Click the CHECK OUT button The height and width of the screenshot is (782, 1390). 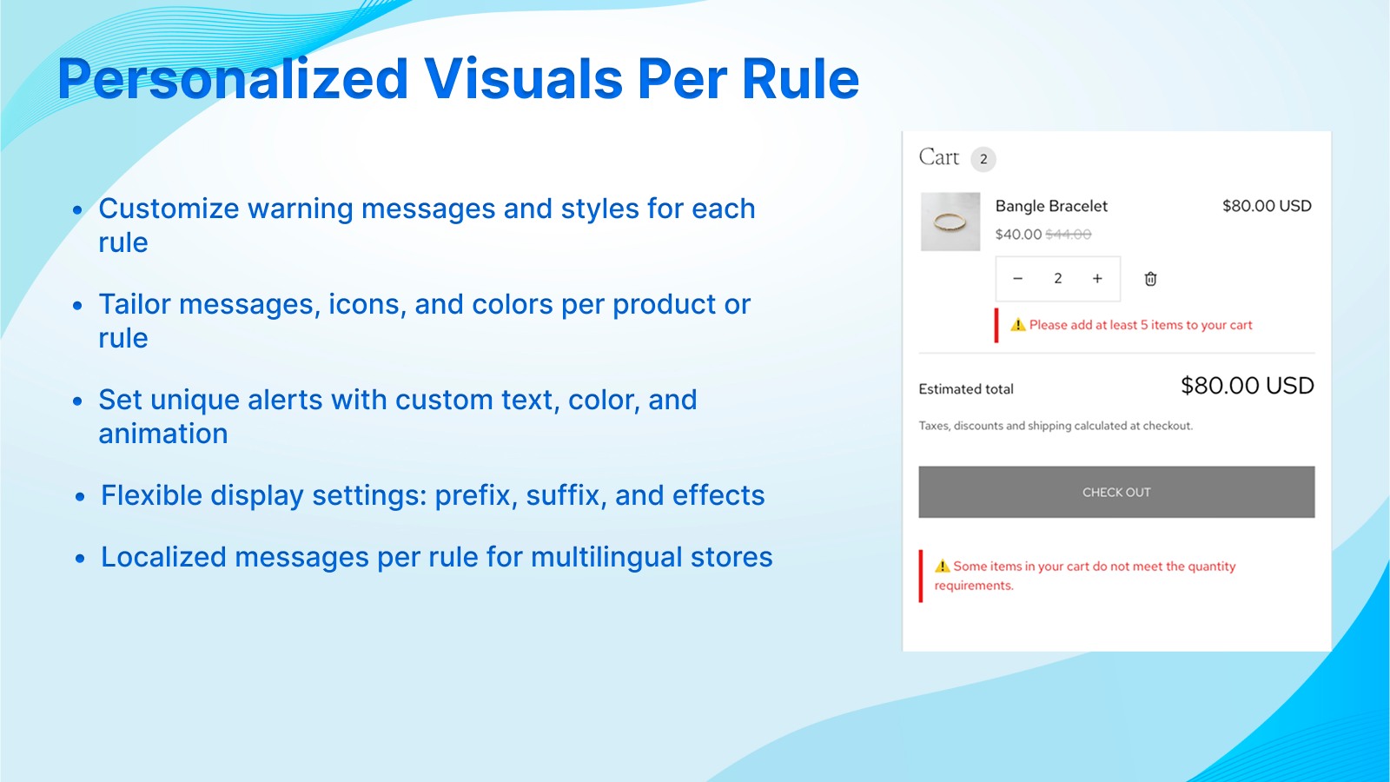pyautogui.click(x=1116, y=492)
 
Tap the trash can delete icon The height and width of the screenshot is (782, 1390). pyautogui.click(x=1150, y=279)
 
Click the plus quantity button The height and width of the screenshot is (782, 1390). pyautogui.click(x=1097, y=279)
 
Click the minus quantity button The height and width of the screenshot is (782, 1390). pyautogui.click(x=1017, y=279)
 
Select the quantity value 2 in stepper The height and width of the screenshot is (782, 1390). pyautogui.click(x=1057, y=279)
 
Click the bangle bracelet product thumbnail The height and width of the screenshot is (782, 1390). pyautogui.click(x=950, y=222)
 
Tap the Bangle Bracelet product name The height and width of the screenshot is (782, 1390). pyautogui.click(x=1051, y=206)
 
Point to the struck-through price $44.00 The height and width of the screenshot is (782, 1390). pyautogui.click(x=1068, y=235)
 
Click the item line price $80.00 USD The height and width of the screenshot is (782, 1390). pyautogui.click(x=1266, y=206)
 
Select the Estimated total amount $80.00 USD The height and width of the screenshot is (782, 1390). pyautogui.click(x=1247, y=386)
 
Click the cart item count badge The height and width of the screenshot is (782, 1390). pyautogui.click(x=983, y=159)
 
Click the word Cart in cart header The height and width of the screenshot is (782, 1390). pyautogui.click(x=938, y=157)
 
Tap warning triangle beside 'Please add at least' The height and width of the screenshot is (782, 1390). pyautogui.click(x=1018, y=325)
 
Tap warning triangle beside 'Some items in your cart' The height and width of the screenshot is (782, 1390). pyautogui.click(x=943, y=566)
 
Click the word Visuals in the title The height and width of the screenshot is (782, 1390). pyautogui.click(x=523, y=79)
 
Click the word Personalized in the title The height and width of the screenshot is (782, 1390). pyautogui.click(x=233, y=79)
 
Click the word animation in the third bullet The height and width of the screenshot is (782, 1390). pyautogui.click(x=163, y=434)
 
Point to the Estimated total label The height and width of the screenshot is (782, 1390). pyautogui.click(x=966, y=389)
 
